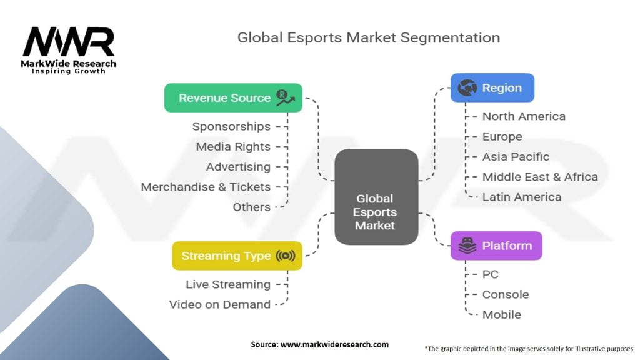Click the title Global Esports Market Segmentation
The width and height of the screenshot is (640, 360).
click(x=368, y=37)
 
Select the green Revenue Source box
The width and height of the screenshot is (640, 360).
click(x=232, y=98)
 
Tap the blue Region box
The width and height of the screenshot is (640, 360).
click(x=492, y=88)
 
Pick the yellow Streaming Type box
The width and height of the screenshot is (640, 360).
click(x=237, y=256)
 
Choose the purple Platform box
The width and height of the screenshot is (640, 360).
click(x=496, y=246)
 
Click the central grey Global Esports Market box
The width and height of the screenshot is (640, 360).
click(x=376, y=196)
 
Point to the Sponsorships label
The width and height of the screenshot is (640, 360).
click(x=231, y=127)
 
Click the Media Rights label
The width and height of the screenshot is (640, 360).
click(x=233, y=147)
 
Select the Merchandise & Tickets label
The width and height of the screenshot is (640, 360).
click(x=206, y=187)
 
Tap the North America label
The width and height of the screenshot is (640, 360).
click(x=524, y=117)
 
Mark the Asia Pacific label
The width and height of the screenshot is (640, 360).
click(x=516, y=157)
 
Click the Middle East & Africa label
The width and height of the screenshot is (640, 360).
click(x=540, y=177)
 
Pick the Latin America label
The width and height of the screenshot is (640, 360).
click(x=521, y=197)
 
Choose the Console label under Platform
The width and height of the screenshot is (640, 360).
click(x=505, y=294)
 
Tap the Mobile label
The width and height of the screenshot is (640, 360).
click(x=501, y=314)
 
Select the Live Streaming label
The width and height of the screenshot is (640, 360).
click(x=228, y=285)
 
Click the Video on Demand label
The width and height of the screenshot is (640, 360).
click(x=220, y=305)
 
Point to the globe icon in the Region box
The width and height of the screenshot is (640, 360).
click(x=467, y=88)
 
